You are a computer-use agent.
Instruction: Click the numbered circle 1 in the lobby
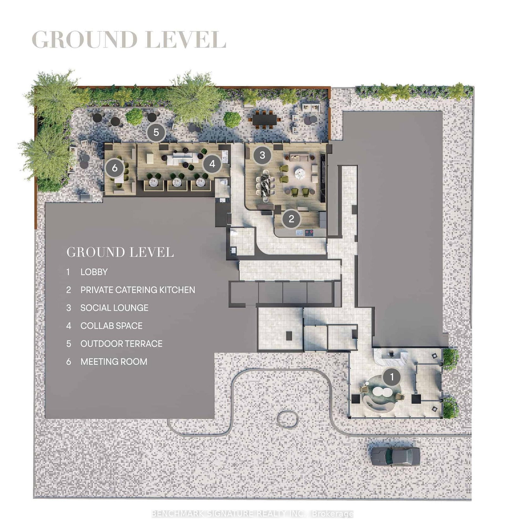click(392, 377)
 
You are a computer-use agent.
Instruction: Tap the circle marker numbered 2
click(291, 219)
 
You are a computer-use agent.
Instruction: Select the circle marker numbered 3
click(262, 155)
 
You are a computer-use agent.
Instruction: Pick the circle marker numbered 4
click(212, 164)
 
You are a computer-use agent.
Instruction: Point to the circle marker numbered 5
click(156, 132)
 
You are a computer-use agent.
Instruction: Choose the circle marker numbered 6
click(115, 168)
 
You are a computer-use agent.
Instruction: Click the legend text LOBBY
click(94, 272)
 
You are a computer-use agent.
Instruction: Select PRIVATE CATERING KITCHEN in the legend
click(138, 290)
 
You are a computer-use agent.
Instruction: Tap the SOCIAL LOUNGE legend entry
click(114, 308)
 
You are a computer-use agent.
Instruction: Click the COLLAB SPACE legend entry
click(111, 326)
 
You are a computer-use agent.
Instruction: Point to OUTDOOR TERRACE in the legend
click(121, 344)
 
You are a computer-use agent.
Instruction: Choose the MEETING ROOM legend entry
click(114, 362)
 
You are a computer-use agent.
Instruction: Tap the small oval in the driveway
click(288, 419)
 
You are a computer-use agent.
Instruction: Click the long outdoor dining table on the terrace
click(264, 120)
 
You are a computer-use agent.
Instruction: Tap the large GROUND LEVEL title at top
click(129, 40)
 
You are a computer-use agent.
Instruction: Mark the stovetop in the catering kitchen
click(309, 233)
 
